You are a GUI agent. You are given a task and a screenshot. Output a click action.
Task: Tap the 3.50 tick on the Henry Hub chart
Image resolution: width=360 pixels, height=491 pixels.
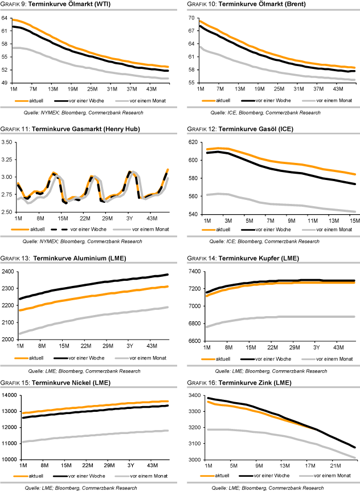click(9, 142)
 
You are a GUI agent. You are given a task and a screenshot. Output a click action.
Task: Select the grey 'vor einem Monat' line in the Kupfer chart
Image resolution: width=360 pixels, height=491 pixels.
click(285, 317)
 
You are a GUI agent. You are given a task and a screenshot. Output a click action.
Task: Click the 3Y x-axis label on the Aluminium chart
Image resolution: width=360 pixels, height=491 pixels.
click(131, 345)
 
